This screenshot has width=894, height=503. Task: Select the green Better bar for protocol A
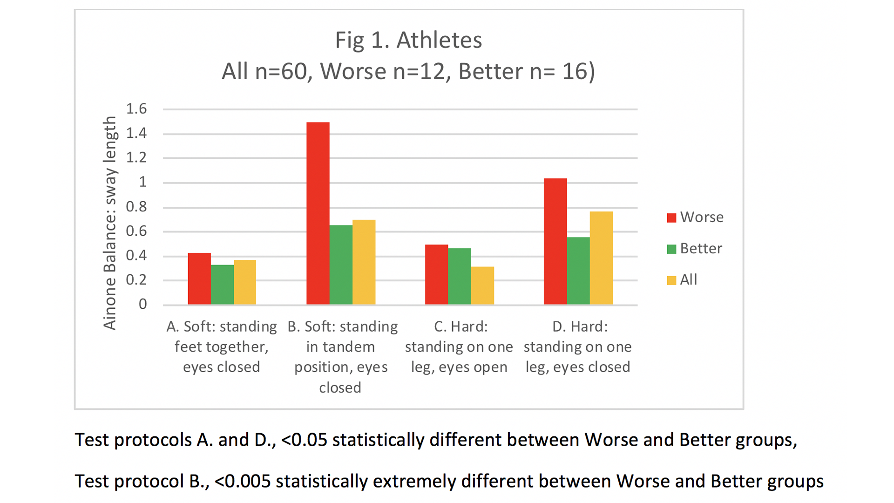pos(222,285)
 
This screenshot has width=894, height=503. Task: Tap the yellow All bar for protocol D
pos(601,258)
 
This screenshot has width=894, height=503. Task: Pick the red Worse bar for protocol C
pos(436,274)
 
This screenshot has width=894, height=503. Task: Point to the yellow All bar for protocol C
pos(482,285)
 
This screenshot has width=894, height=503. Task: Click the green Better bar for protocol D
pos(578,271)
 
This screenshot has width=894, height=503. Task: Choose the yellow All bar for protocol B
pos(364,262)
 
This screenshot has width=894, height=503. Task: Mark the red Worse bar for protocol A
pos(199,279)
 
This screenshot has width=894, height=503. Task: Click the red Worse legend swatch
pos(671,218)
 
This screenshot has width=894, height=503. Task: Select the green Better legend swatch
pos(671,249)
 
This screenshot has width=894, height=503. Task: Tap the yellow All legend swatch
pos(671,280)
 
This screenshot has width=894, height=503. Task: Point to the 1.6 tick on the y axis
pos(136,109)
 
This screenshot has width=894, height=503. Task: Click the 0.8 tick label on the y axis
pos(136,207)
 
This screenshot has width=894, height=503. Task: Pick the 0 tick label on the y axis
pos(142,305)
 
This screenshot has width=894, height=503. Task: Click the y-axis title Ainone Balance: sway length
pos(110,223)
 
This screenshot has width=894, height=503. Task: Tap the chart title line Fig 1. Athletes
pos(408,40)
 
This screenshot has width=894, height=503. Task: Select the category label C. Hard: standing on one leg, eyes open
pos(459,347)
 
